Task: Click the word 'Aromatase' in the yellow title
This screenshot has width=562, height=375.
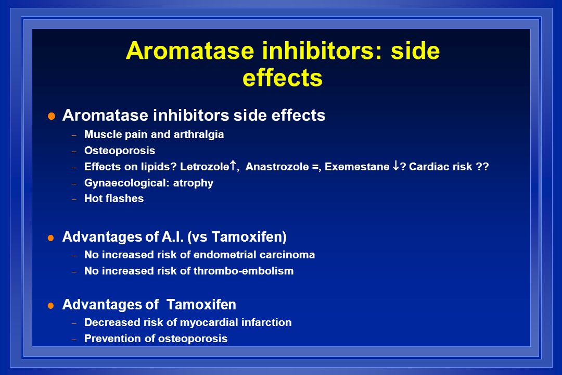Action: tap(190, 51)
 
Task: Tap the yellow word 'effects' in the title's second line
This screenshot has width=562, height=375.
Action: tap(283, 78)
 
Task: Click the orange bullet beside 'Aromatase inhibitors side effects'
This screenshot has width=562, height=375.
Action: tap(52, 116)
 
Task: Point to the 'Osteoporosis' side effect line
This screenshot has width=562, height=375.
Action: tap(120, 151)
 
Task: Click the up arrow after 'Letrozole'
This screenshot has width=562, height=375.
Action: tap(233, 166)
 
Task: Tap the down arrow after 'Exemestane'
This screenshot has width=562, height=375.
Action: tap(395, 166)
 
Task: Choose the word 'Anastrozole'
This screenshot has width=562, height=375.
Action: tap(277, 167)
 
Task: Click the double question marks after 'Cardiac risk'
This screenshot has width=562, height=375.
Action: tap(482, 167)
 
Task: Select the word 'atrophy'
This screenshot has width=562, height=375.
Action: tap(193, 183)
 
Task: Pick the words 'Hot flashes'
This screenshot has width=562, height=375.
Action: tap(114, 198)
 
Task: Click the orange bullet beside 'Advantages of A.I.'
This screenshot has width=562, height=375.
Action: tap(51, 238)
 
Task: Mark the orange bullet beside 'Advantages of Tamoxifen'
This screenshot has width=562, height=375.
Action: tap(51, 306)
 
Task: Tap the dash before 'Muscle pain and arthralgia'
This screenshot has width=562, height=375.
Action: tap(74, 135)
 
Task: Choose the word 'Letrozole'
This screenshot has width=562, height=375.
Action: tap(205, 167)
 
